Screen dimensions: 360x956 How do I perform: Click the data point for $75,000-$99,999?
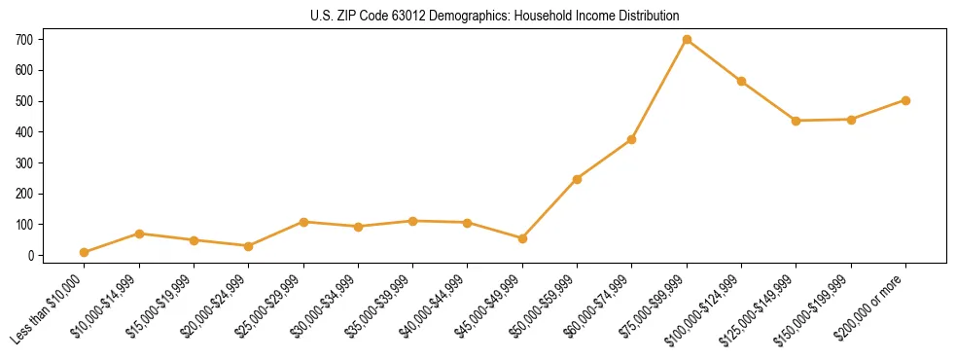pos(687,40)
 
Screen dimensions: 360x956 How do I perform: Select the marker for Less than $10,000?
pos(85,252)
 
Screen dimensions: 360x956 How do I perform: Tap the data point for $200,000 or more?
pos(905,100)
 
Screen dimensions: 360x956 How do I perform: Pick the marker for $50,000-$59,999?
pos(577,179)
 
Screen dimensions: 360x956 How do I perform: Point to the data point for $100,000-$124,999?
pos(741,81)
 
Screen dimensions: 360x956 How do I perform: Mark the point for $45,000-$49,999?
pos(522,238)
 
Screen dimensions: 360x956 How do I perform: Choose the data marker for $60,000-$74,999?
pos(632,139)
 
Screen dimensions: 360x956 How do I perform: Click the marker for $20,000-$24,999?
pos(249,246)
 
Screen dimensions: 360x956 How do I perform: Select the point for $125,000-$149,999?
pos(797,121)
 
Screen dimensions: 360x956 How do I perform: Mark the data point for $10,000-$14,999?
pos(139,234)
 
